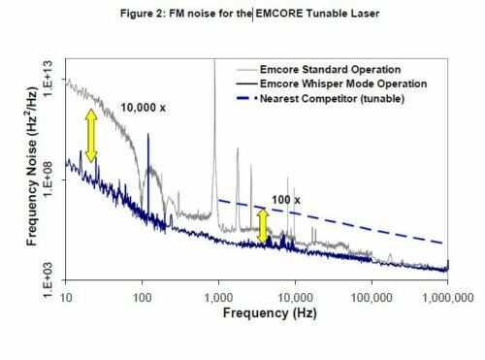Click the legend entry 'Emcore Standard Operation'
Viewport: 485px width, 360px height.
[x=320, y=70]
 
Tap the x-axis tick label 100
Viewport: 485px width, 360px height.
[x=142, y=293]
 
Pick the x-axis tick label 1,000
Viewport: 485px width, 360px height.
[x=218, y=293]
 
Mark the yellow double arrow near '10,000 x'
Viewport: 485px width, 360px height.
[x=90, y=134]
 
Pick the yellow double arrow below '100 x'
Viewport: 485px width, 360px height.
[x=261, y=225]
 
